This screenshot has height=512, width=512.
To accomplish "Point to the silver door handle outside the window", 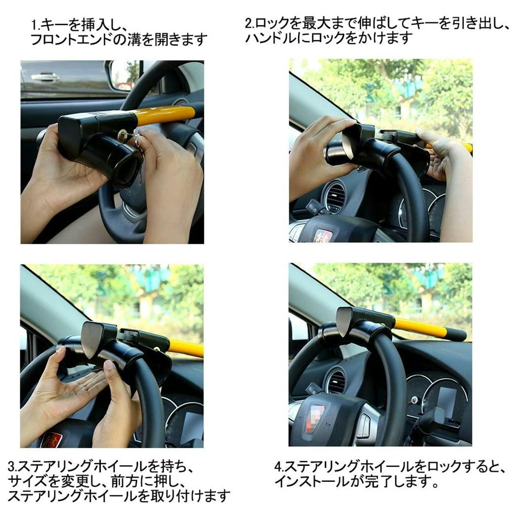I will coord(45,77).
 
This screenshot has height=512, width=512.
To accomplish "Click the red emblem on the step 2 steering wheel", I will coord(323,236).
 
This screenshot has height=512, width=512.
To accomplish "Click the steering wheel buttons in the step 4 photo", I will coord(363,425).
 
